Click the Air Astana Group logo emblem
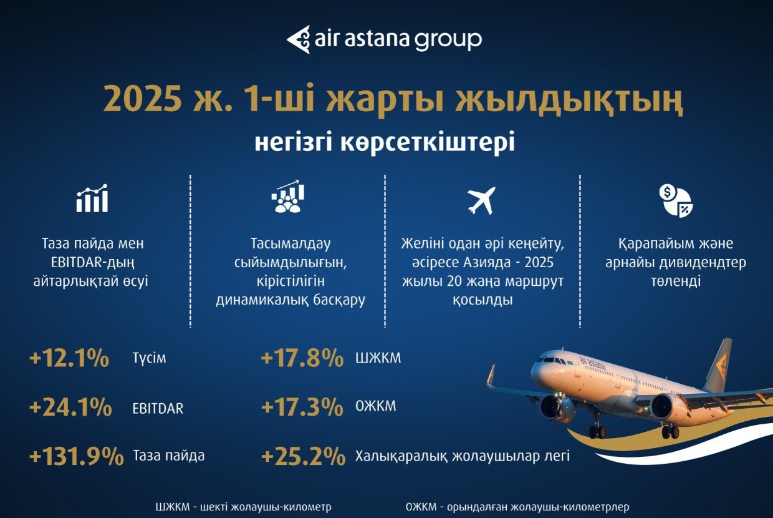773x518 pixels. tap(298, 39)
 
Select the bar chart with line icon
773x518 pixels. tap(92, 198)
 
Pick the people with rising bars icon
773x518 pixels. tap(287, 196)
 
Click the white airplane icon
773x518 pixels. tap(481, 200)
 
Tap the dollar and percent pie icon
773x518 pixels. tap(676, 200)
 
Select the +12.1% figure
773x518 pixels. tap(69, 358)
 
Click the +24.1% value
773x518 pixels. tap(70, 407)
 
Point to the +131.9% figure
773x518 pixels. tap(77, 456)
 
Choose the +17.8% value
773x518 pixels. tap(302, 358)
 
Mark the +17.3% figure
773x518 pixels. tap(302, 406)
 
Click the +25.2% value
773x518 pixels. tap(303, 456)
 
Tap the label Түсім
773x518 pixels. tap(149, 358)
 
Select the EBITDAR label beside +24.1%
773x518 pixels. tap(158, 408)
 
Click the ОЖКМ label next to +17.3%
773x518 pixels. tap(376, 406)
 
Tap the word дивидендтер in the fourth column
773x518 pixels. tap(701, 262)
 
